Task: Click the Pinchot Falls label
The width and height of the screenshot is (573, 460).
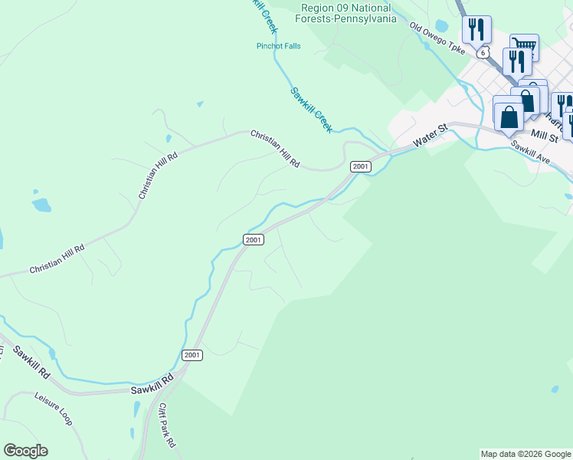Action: [278, 46]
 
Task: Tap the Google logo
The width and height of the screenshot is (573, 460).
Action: [25, 451]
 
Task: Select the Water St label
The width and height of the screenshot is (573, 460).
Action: [430, 136]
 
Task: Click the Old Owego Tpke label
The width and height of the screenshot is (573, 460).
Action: [437, 38]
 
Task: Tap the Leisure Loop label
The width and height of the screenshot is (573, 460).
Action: [53, 409]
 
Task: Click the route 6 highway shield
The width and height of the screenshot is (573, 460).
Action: [482, 53]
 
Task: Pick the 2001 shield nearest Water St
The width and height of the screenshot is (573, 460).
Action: [361, 166]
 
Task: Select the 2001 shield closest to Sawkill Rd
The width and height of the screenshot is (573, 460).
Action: [192, 354]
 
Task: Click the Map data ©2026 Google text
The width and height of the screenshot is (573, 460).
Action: [526, 454]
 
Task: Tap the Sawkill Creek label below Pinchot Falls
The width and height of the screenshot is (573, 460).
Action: [311, 110]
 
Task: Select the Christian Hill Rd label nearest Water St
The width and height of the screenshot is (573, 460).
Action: [274, 149]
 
